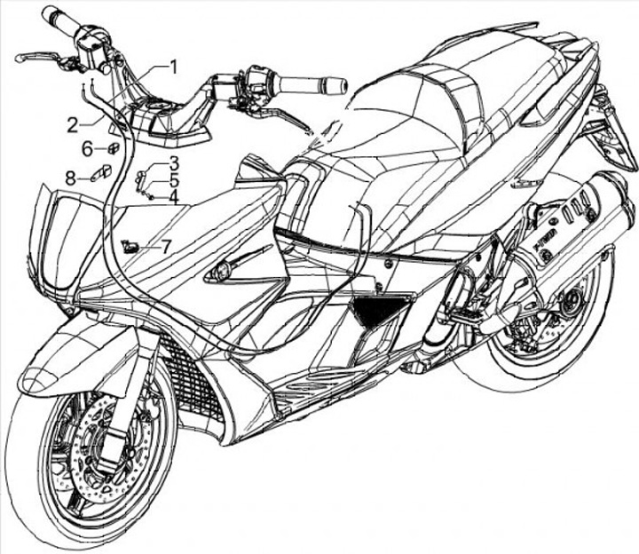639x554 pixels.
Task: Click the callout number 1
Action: coord(174,66)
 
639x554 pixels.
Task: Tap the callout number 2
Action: coord(72,123)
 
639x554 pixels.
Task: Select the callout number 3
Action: coord(175,163)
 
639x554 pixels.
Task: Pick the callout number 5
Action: coord(175,179)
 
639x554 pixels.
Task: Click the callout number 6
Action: coord(88,147)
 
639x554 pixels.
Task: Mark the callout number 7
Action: coord(167,246)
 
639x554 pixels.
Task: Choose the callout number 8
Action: coord(71,178)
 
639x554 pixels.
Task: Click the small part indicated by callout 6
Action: coord(114,147)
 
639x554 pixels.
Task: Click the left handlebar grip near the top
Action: coord(62,23)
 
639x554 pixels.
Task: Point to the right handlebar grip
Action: coord(311,85)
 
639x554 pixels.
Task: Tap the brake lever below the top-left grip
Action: coord(40,58)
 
